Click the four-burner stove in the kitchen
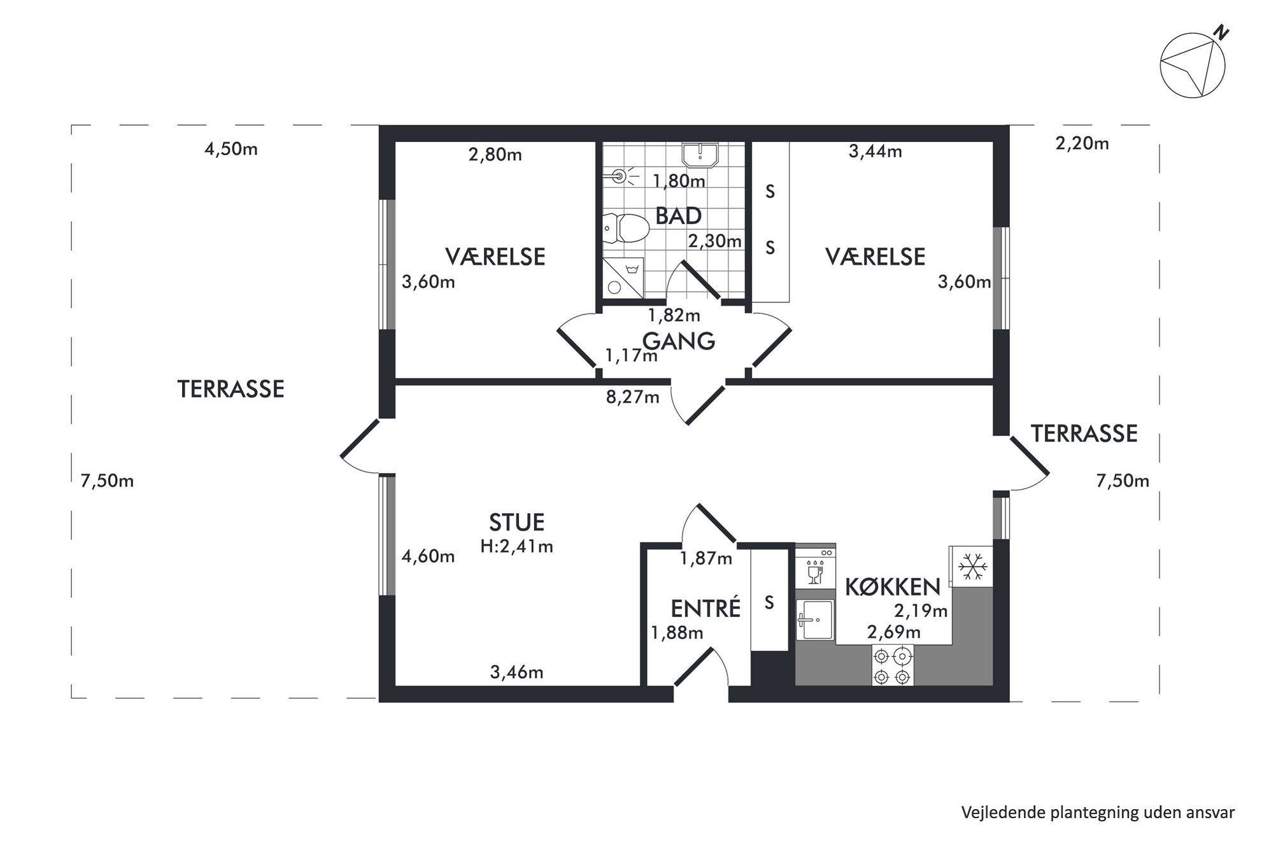[x=893, y=665]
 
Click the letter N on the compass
[x=1220, y=33]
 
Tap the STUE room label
[x=516, y=523]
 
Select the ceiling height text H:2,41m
[x=516, y=546]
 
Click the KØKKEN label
[x=893, y=587]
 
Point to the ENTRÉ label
[x=705, y=609]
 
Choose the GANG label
[x=679, y=342]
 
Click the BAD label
[x=678, y=216]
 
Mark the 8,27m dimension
[x=632, y=398]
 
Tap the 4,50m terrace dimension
[x=230, y=150]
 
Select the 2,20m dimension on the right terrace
[x=1082, y=144]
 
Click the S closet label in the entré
[x=769, y=602]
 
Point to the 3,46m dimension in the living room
[x=516, y=672]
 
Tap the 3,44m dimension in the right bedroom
[x=876, y=152]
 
